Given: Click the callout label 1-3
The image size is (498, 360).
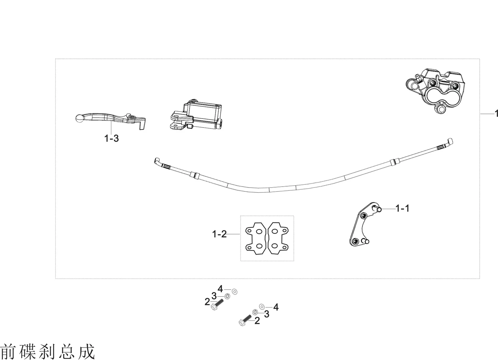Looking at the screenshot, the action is [x=112, y=139].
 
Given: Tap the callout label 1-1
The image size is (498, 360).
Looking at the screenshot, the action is [x=402, y=209].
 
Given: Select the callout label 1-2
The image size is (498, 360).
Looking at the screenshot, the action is [x=219, y=234].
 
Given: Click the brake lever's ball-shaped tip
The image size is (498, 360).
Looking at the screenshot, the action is [x=80, y=118].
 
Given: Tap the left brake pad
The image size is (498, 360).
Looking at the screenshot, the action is [x=256, y=238].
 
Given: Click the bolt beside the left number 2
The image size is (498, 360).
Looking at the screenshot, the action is [x=217, y=305].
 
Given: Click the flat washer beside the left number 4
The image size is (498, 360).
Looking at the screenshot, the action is [x=234, y=292].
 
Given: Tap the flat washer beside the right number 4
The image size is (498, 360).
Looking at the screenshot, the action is [x=262, y=307].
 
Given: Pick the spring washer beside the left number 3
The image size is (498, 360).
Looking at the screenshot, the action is [x=227, y=296].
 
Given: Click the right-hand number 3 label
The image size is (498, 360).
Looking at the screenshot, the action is [x=267, y=314].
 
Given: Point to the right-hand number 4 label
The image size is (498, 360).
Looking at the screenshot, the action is [x=276, y=307].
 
